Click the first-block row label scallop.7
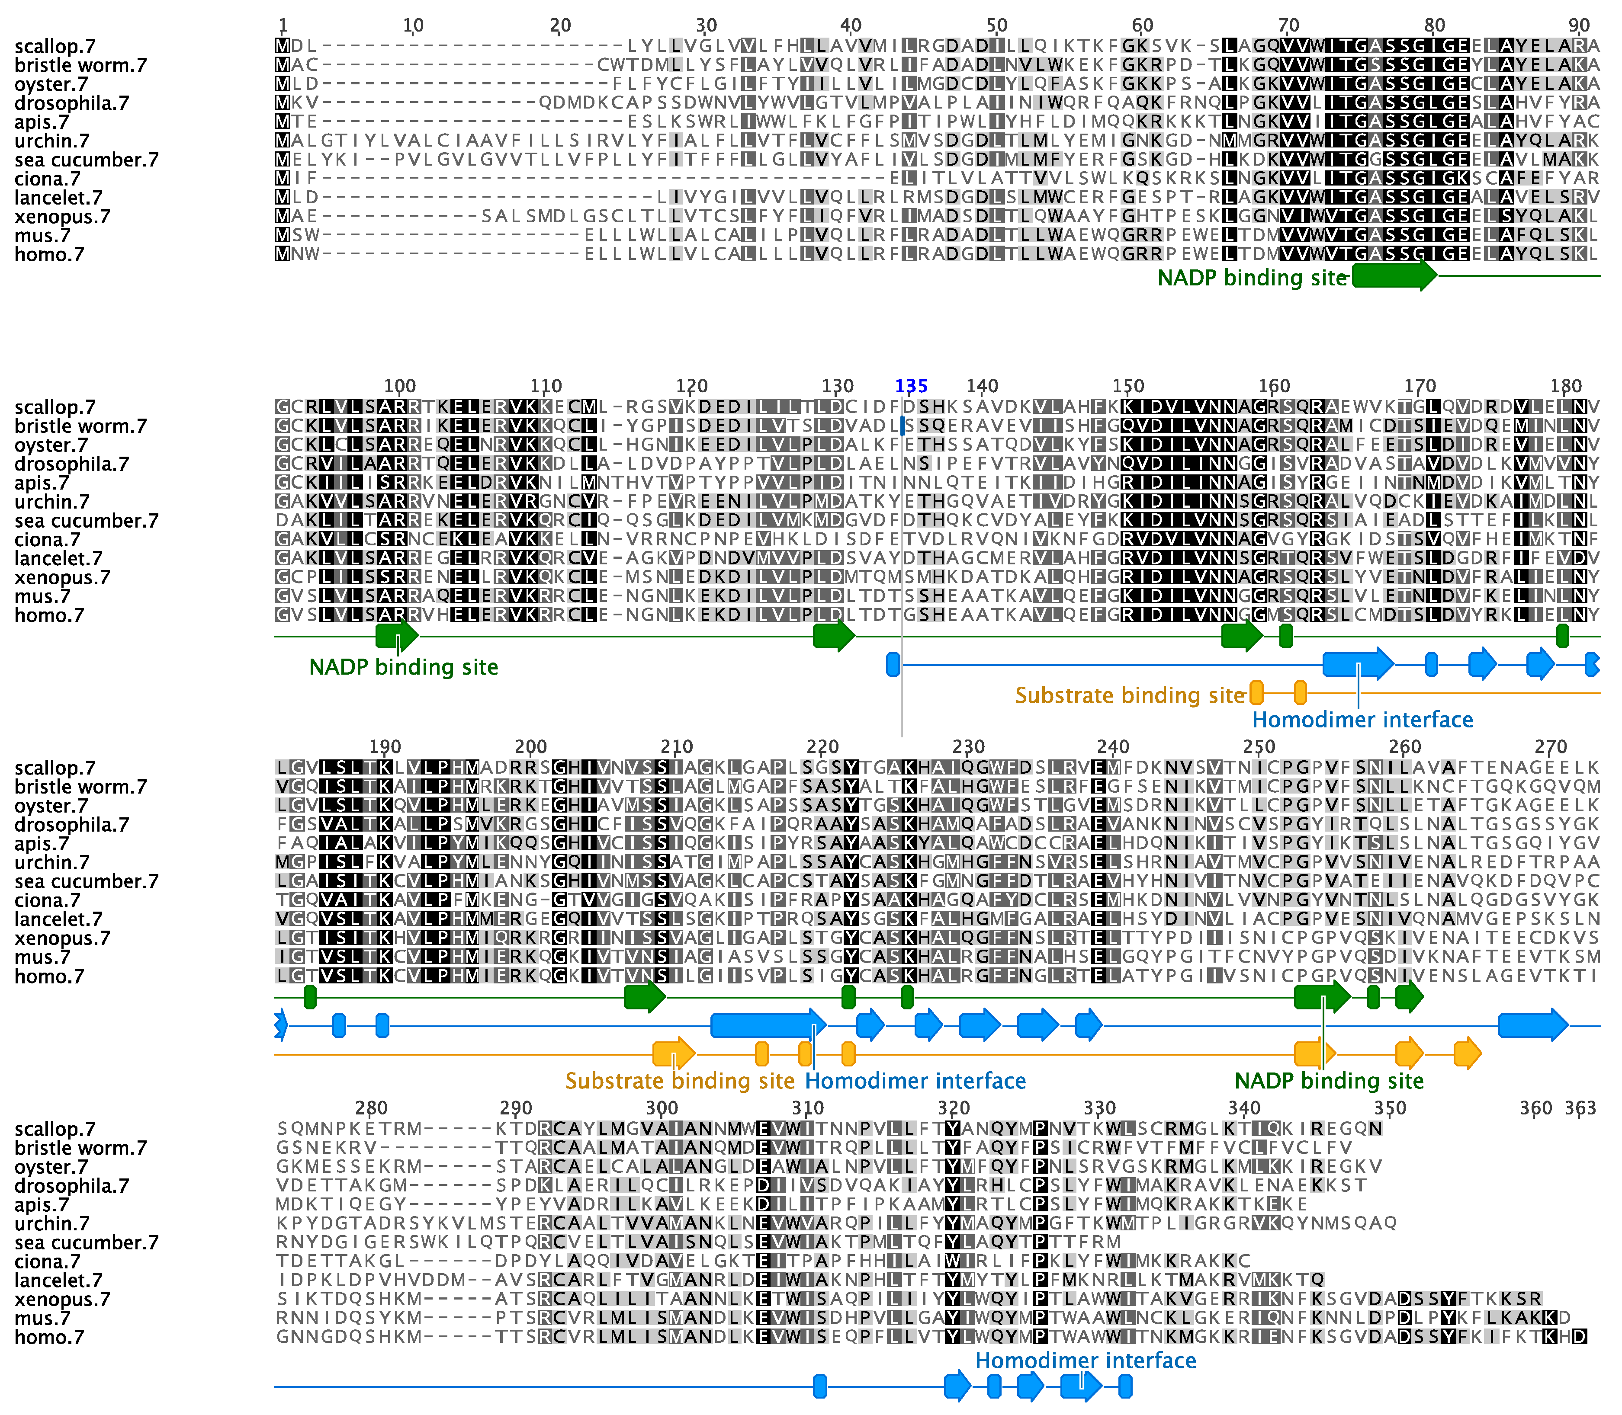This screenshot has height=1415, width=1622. point(55,47)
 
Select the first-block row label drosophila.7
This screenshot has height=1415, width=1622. point(71,103)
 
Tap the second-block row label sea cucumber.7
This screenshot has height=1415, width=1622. point(86,521)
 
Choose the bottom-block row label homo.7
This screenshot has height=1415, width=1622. point(49,1338)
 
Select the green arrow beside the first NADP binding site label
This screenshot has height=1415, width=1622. point(1394,275)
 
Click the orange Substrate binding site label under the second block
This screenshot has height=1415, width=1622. point(1130,696)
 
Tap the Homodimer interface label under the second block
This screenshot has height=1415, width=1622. point(1362,720)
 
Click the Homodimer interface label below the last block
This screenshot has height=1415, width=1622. point(1086,1361)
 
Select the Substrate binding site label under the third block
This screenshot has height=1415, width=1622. point(679,1081)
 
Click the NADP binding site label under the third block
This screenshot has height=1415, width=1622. point(1329,1081)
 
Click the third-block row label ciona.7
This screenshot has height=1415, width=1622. point(48,901)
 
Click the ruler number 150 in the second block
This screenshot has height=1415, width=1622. point(1128,386)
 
